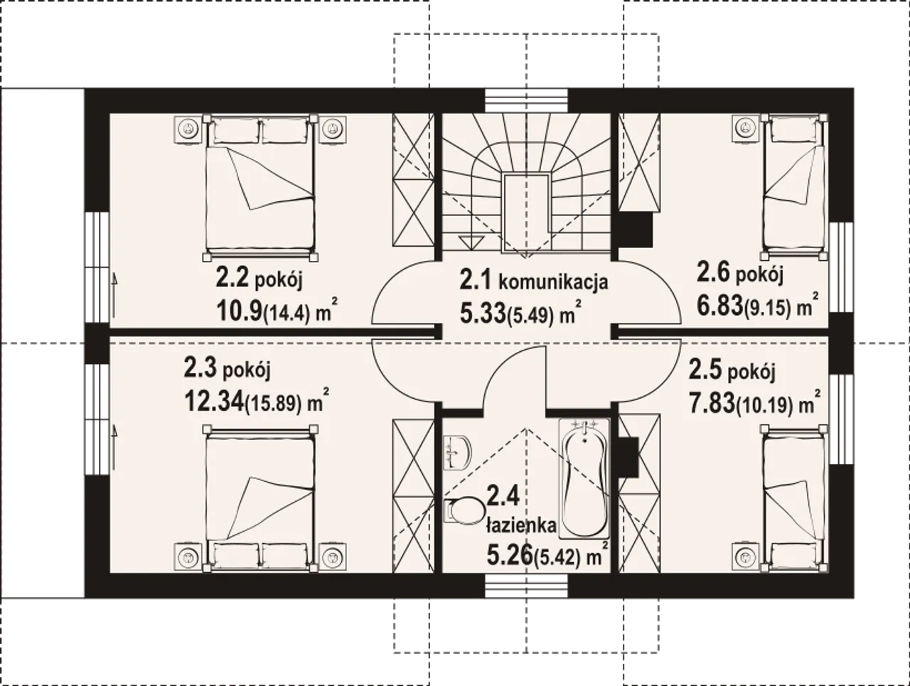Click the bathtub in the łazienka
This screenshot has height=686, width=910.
584,478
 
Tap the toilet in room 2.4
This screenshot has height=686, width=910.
464,510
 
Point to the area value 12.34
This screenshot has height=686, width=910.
213,401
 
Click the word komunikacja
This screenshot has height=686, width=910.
552,282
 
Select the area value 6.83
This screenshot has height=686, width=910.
719,306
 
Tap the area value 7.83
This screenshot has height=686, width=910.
712,403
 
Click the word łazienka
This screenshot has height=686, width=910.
521,526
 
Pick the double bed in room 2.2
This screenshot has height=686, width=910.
260,188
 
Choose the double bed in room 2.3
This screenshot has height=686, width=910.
260,498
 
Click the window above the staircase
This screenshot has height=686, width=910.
527,101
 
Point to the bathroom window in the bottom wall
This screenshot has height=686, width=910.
527,585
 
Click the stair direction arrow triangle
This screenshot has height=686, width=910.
471,242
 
